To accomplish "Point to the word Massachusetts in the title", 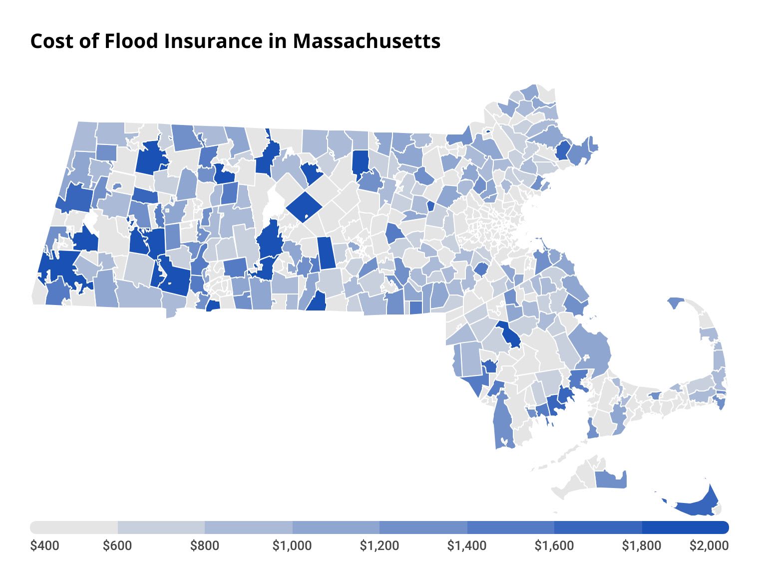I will coord(367,41).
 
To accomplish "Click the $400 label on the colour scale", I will coord(44,545).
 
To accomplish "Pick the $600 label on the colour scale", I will coord(117,545).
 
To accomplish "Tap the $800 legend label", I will coord(205,545).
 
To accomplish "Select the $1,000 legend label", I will coord(292,545).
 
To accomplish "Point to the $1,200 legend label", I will coord(379,545).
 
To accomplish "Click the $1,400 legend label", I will coord(467,545).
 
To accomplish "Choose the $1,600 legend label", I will coord(554,545).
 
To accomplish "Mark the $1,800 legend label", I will coord(642,545).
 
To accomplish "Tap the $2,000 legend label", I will coord(709,545).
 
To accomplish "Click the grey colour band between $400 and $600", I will coord(74,527).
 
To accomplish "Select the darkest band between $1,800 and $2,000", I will coord(685,527).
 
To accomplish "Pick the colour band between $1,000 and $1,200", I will coord(336,527).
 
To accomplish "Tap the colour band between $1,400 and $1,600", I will coord(511,527).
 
